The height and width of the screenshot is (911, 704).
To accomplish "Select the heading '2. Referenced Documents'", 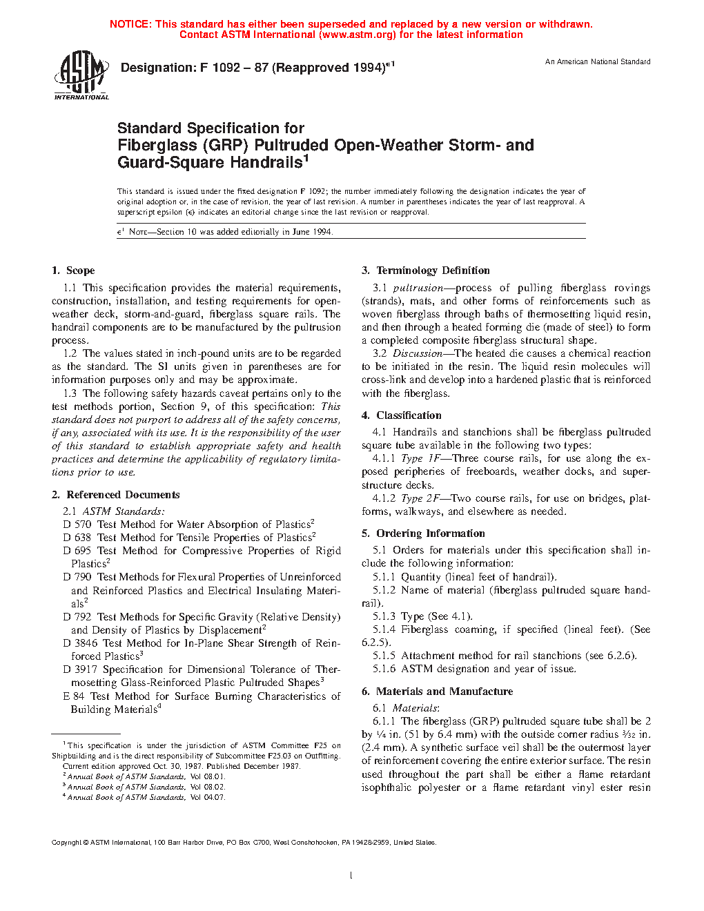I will click(x=116, y=495).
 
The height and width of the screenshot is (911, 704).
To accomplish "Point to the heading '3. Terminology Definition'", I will click(x=426, y=271).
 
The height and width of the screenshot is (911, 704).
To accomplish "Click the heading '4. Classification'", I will click(x=402, y=415).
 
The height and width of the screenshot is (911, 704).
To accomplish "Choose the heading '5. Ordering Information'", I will click(x=423, y=533).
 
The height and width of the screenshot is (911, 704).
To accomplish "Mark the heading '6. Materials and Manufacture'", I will click(x=437, y=692).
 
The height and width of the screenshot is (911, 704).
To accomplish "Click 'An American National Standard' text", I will click(x=598, y=62).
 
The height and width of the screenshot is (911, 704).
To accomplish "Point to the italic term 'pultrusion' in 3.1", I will click(x=418, y=288).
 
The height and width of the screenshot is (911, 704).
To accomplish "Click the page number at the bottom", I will click(x=351, y=876).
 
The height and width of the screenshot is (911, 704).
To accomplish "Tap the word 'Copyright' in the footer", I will click(x=66, y=843).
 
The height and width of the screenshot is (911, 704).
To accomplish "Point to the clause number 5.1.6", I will click(x=384, y=669).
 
